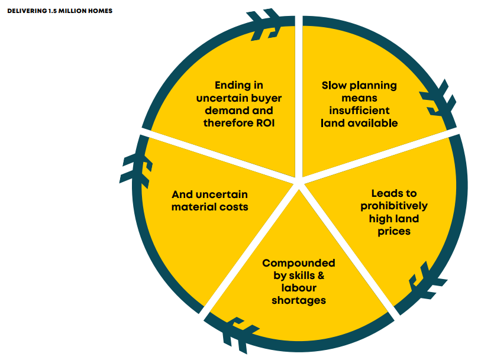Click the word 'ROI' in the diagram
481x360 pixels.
click(x=267, y=123)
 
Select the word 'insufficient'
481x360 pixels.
click(x=359, y=111)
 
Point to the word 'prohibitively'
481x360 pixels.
click(x=393, y=206)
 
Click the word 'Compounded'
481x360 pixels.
click(x=298, y=263)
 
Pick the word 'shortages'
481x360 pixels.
click(x=298, y=300)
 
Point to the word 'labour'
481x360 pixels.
click(x=298, y=288)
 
